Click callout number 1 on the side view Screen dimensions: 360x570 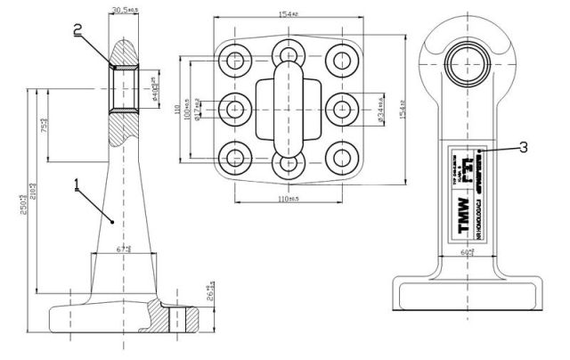[x=77, y=185]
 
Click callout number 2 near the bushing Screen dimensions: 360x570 [x=78, y=29]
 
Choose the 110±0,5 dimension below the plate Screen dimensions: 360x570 [x=288, y=199]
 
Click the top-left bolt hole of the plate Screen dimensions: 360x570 [x=236, y=61]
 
